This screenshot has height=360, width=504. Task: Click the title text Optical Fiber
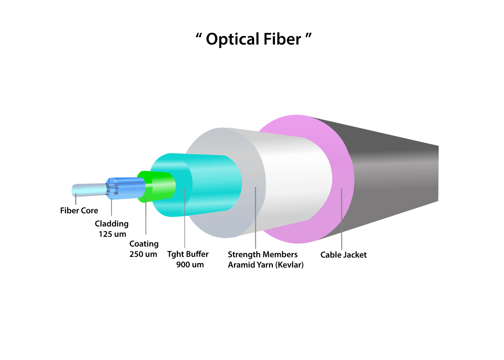coord(253,39)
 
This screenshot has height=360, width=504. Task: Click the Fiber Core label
coord(79,211)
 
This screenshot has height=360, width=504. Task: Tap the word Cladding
coord(112,224)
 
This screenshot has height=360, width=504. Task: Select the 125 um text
coord(112,234)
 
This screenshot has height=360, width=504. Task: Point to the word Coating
coord(144,244)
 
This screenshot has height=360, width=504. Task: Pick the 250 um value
coord(143,254)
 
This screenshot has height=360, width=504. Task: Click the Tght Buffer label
coord(188,254)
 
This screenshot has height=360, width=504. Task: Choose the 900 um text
coord(190,265)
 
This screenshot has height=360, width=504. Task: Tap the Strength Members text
coord(262,255)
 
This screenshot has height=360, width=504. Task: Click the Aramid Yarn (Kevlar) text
coord(266,265)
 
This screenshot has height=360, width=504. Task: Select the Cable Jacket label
coord(343,255)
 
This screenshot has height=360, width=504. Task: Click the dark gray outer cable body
coord(396,173)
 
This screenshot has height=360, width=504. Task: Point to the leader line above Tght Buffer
coord(185,220)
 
